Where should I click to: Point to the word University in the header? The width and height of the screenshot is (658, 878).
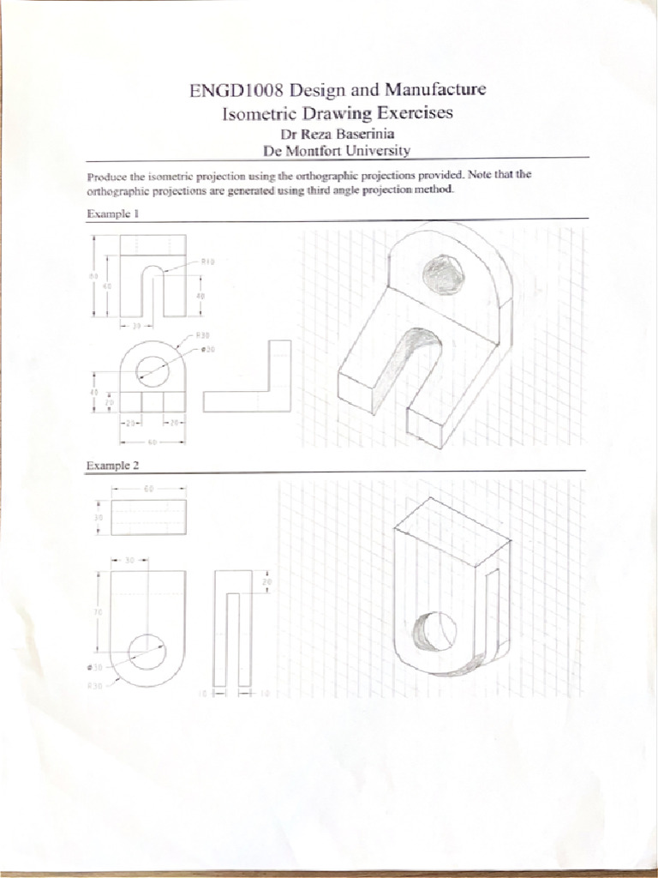point(374,150)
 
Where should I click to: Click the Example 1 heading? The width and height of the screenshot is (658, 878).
point(111,213)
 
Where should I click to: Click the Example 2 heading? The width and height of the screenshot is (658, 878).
point(112,466)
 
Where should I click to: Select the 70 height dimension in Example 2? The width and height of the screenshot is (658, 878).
point(97,613)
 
